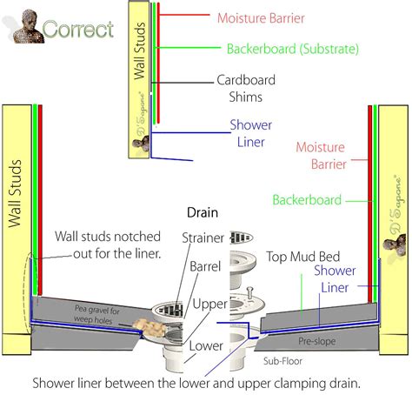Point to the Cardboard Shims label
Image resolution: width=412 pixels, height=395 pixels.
click(240, 88)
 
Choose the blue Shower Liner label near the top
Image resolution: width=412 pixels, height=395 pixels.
click(251, 134)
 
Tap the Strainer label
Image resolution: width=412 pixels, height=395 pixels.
click(203, 238)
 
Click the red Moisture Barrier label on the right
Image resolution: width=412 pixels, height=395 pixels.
click(321, 155)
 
